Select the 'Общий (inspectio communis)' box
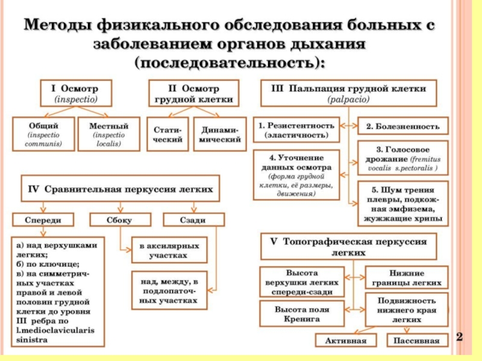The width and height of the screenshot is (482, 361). point(43,135)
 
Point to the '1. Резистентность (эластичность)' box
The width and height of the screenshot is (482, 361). point(296,130)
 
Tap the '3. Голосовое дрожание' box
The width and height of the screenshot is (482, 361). point(403,158)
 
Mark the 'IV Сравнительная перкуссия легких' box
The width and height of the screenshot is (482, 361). point(120,189)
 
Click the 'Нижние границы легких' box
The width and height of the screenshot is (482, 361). point(407,278)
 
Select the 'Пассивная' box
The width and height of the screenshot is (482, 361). point(416,341)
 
